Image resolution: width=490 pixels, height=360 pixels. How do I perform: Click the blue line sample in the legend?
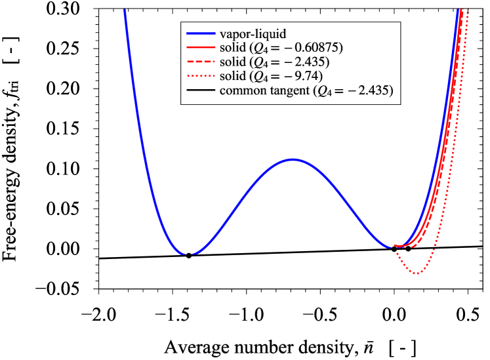(x=201, y=33)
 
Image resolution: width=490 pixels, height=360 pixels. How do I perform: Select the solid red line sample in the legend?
(x=201, y=48)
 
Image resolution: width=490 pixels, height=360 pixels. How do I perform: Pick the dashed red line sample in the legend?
(x=201, y=62)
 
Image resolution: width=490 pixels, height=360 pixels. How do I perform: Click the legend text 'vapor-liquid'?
(x=253, y=33)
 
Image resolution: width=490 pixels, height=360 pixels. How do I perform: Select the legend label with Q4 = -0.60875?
(x=281, y=48)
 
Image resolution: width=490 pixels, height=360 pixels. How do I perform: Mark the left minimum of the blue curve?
(x=188, y=254)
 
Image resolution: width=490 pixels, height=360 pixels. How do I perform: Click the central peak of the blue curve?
(x=293, y=159)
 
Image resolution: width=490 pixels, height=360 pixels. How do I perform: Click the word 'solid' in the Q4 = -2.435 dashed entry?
(x=234, y=62)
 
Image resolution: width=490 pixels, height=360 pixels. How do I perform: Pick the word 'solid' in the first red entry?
(x=234, y=48)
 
